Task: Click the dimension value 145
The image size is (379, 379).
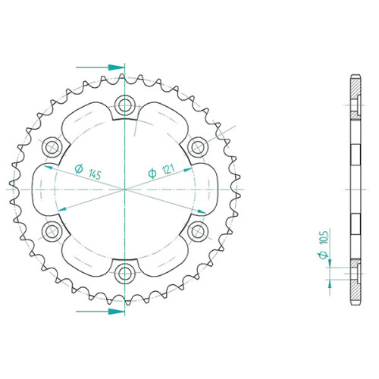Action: pos(95,174)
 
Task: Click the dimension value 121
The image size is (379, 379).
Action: pos(168,169)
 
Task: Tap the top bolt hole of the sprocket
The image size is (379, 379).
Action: pos(124,105)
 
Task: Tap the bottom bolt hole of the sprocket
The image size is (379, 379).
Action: pos(124,274)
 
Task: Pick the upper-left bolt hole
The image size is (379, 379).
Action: pos(52,147)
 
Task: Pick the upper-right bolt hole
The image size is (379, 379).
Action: pos(198,147)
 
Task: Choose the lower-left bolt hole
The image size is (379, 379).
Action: pos(52,231)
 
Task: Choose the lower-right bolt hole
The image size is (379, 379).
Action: pos(198,231)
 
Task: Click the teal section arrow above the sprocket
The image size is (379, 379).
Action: pos(100,67)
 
